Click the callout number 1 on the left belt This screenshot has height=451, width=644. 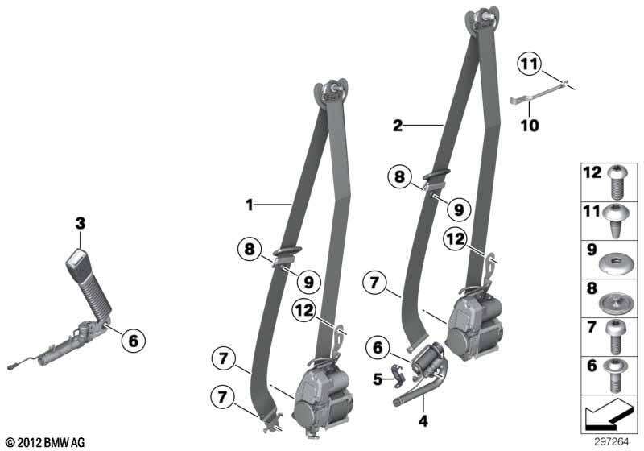click(x=250, y=206)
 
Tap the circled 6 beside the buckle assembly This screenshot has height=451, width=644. click(x=134, y=341)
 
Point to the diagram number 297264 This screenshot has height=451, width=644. click(x=616, y=441)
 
